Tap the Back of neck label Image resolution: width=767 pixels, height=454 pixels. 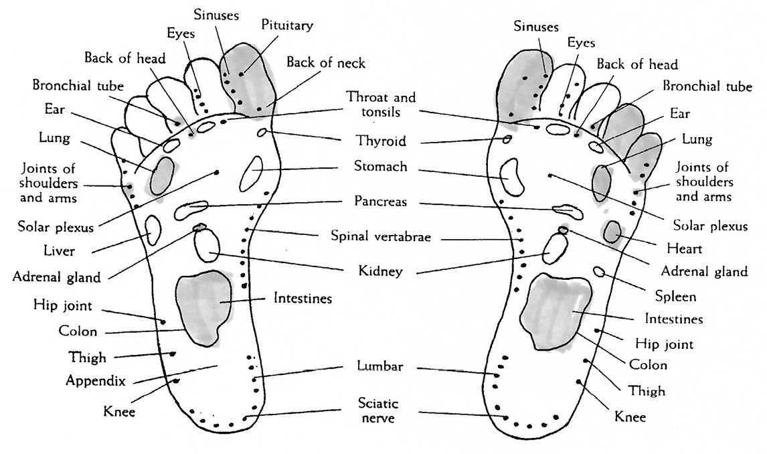click(326, 63)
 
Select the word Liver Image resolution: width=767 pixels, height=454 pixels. click(60, 252)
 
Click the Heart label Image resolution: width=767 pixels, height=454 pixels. click(684, 248)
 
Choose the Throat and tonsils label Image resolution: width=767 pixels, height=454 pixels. click(381, 104)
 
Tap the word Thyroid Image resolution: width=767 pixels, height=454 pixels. click(381, 141)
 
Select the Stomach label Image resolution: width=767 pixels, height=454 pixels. click(380, 166)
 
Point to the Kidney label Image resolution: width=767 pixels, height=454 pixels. click(381, 271)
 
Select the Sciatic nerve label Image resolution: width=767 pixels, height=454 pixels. click(379, 410)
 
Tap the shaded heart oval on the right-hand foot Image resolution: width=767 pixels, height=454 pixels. click(611, 231)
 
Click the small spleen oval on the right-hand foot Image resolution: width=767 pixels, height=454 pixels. click(599, 272)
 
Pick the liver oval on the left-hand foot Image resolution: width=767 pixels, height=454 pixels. click(153, 230)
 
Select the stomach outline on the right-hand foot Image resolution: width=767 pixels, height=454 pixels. click(512, 177)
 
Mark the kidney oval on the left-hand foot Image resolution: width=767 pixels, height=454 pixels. click(207, 245)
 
